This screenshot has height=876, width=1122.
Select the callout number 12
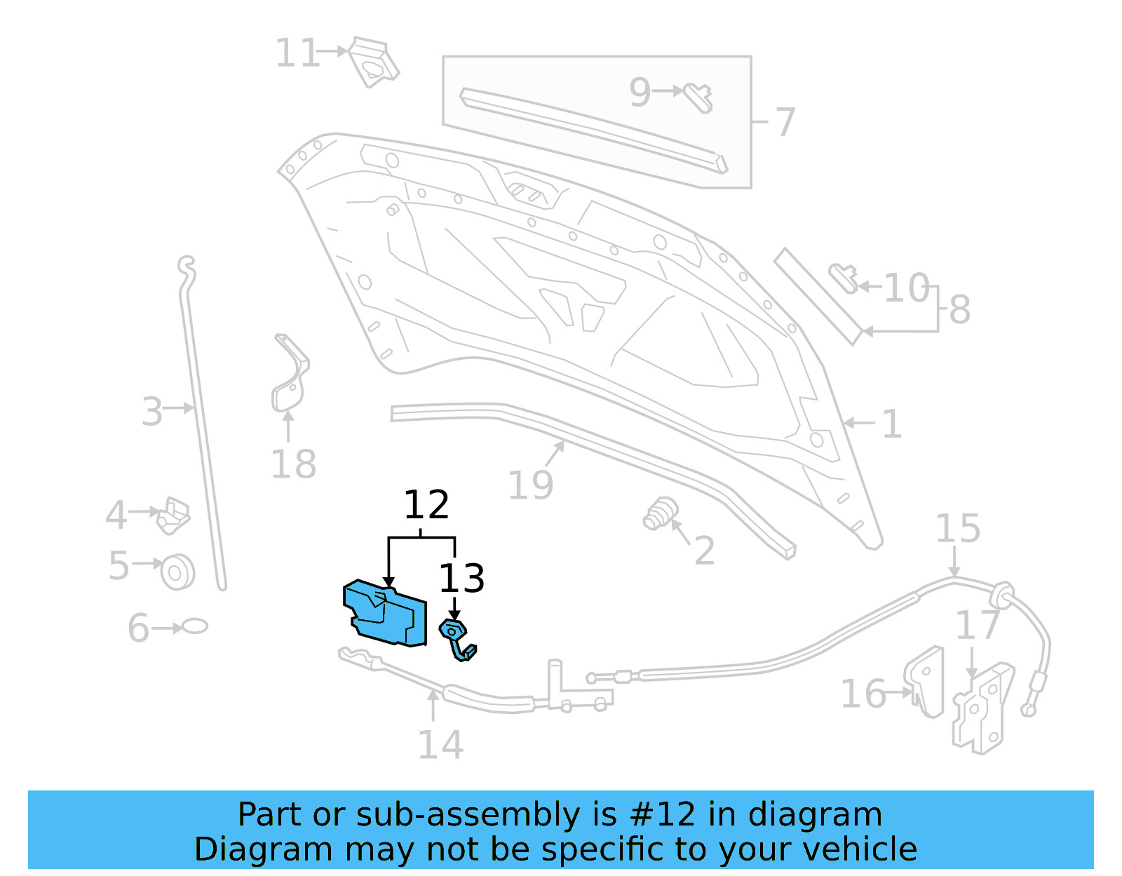pos(426,505)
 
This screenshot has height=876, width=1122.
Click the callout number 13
pos(461,579)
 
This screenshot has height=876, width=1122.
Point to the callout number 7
pos(785,122)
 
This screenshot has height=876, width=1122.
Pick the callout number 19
pos(530,485)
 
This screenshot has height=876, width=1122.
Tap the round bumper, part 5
pos(178,572)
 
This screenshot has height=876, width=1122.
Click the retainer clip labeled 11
pos(373,62)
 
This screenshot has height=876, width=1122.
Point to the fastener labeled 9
pos(698,97)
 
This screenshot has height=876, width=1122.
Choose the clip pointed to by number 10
pos(844,277)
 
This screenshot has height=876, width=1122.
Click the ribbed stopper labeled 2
pos(661,513)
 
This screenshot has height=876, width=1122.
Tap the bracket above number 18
pos(290,375)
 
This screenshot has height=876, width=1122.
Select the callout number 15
pos(958,529)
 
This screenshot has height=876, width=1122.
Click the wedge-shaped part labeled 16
pos(926,682)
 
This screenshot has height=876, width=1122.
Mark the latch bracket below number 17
pos(983,708)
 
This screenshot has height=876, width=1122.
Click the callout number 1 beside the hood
pos(891,424)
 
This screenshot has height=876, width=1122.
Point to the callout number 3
pos(152,412)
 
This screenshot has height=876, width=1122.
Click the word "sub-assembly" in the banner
pos(468,815)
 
